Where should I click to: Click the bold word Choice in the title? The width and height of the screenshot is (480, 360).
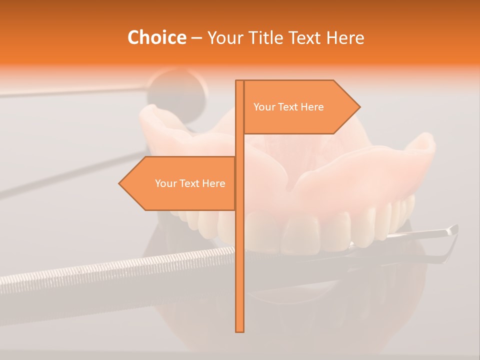[x=156, y=37]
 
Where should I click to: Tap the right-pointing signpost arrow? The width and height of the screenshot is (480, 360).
[x=300, y=107]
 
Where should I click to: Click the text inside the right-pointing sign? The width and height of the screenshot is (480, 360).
[x=288, y=107]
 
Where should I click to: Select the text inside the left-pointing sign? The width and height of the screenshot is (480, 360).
[x=190, y=183]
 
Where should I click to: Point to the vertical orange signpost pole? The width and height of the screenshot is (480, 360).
[x=239, y=250]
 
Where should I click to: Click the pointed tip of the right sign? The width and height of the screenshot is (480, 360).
[x=358, y=107]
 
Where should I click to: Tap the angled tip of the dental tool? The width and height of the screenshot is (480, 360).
[x=452, y=229]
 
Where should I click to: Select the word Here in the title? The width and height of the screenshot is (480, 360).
[x=345, y=37]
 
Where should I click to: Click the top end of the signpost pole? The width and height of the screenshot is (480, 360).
[x=239, y=81]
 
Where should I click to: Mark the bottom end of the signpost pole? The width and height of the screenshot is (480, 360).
[x=239, y=330]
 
